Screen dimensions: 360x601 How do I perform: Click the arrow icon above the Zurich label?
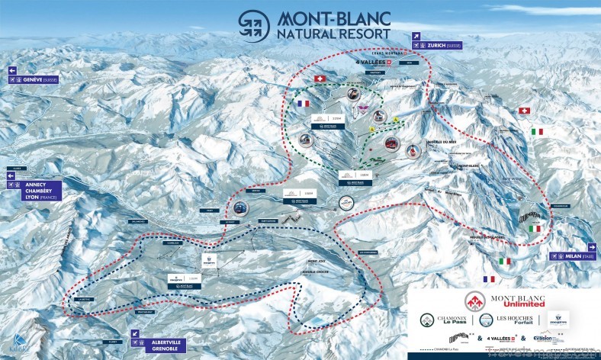pyautogui.click(x=416, y=35)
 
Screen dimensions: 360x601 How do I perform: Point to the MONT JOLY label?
pyautogui.click(x=307, y=260)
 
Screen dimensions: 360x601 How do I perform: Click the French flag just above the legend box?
pyautogui.click(x=489, y=279)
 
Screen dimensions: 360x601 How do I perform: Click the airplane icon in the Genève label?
pyautogui.click(x=13, y=79)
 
